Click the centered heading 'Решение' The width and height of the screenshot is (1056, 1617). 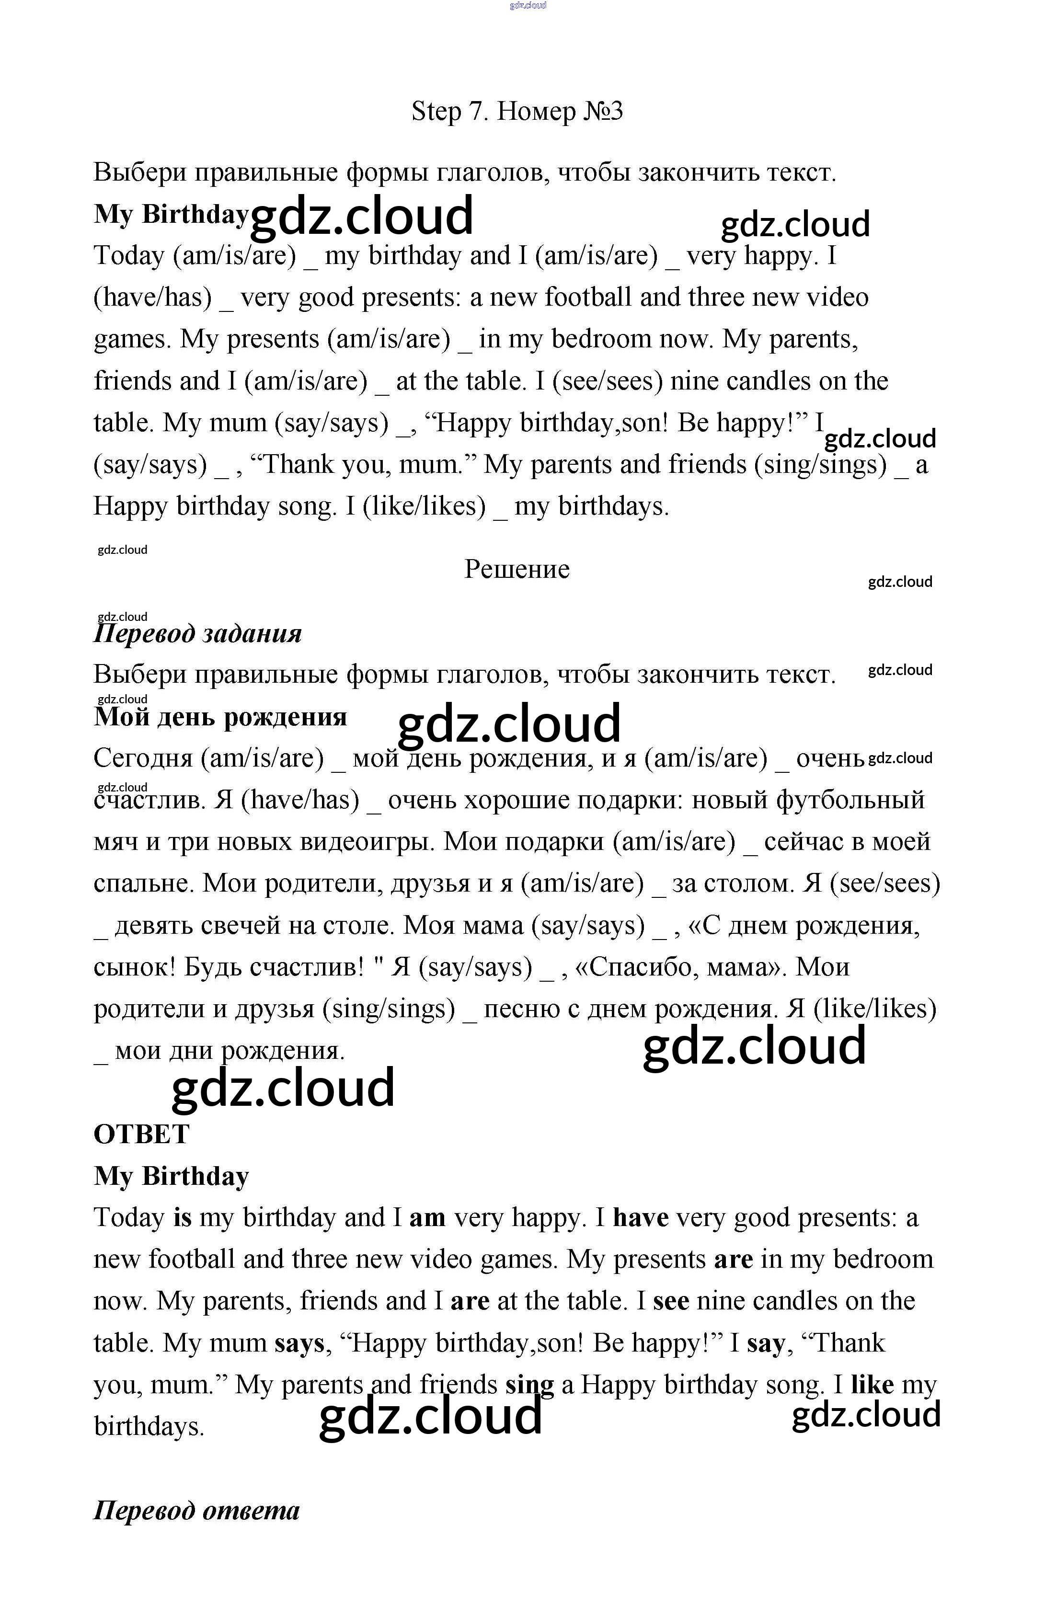517,569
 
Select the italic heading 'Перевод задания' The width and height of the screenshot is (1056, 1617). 197,633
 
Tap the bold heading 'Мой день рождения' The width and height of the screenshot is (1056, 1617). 220,717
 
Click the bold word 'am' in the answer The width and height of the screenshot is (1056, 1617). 427,1217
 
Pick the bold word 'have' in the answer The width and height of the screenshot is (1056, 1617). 640,1217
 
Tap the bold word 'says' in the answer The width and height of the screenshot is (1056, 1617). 299,1343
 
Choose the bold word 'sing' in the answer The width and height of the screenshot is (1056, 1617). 529,1385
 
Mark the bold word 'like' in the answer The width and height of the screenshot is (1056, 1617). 872,1385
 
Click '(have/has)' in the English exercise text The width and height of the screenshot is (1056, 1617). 153,298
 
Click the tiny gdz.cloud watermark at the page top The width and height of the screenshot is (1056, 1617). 528,5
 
